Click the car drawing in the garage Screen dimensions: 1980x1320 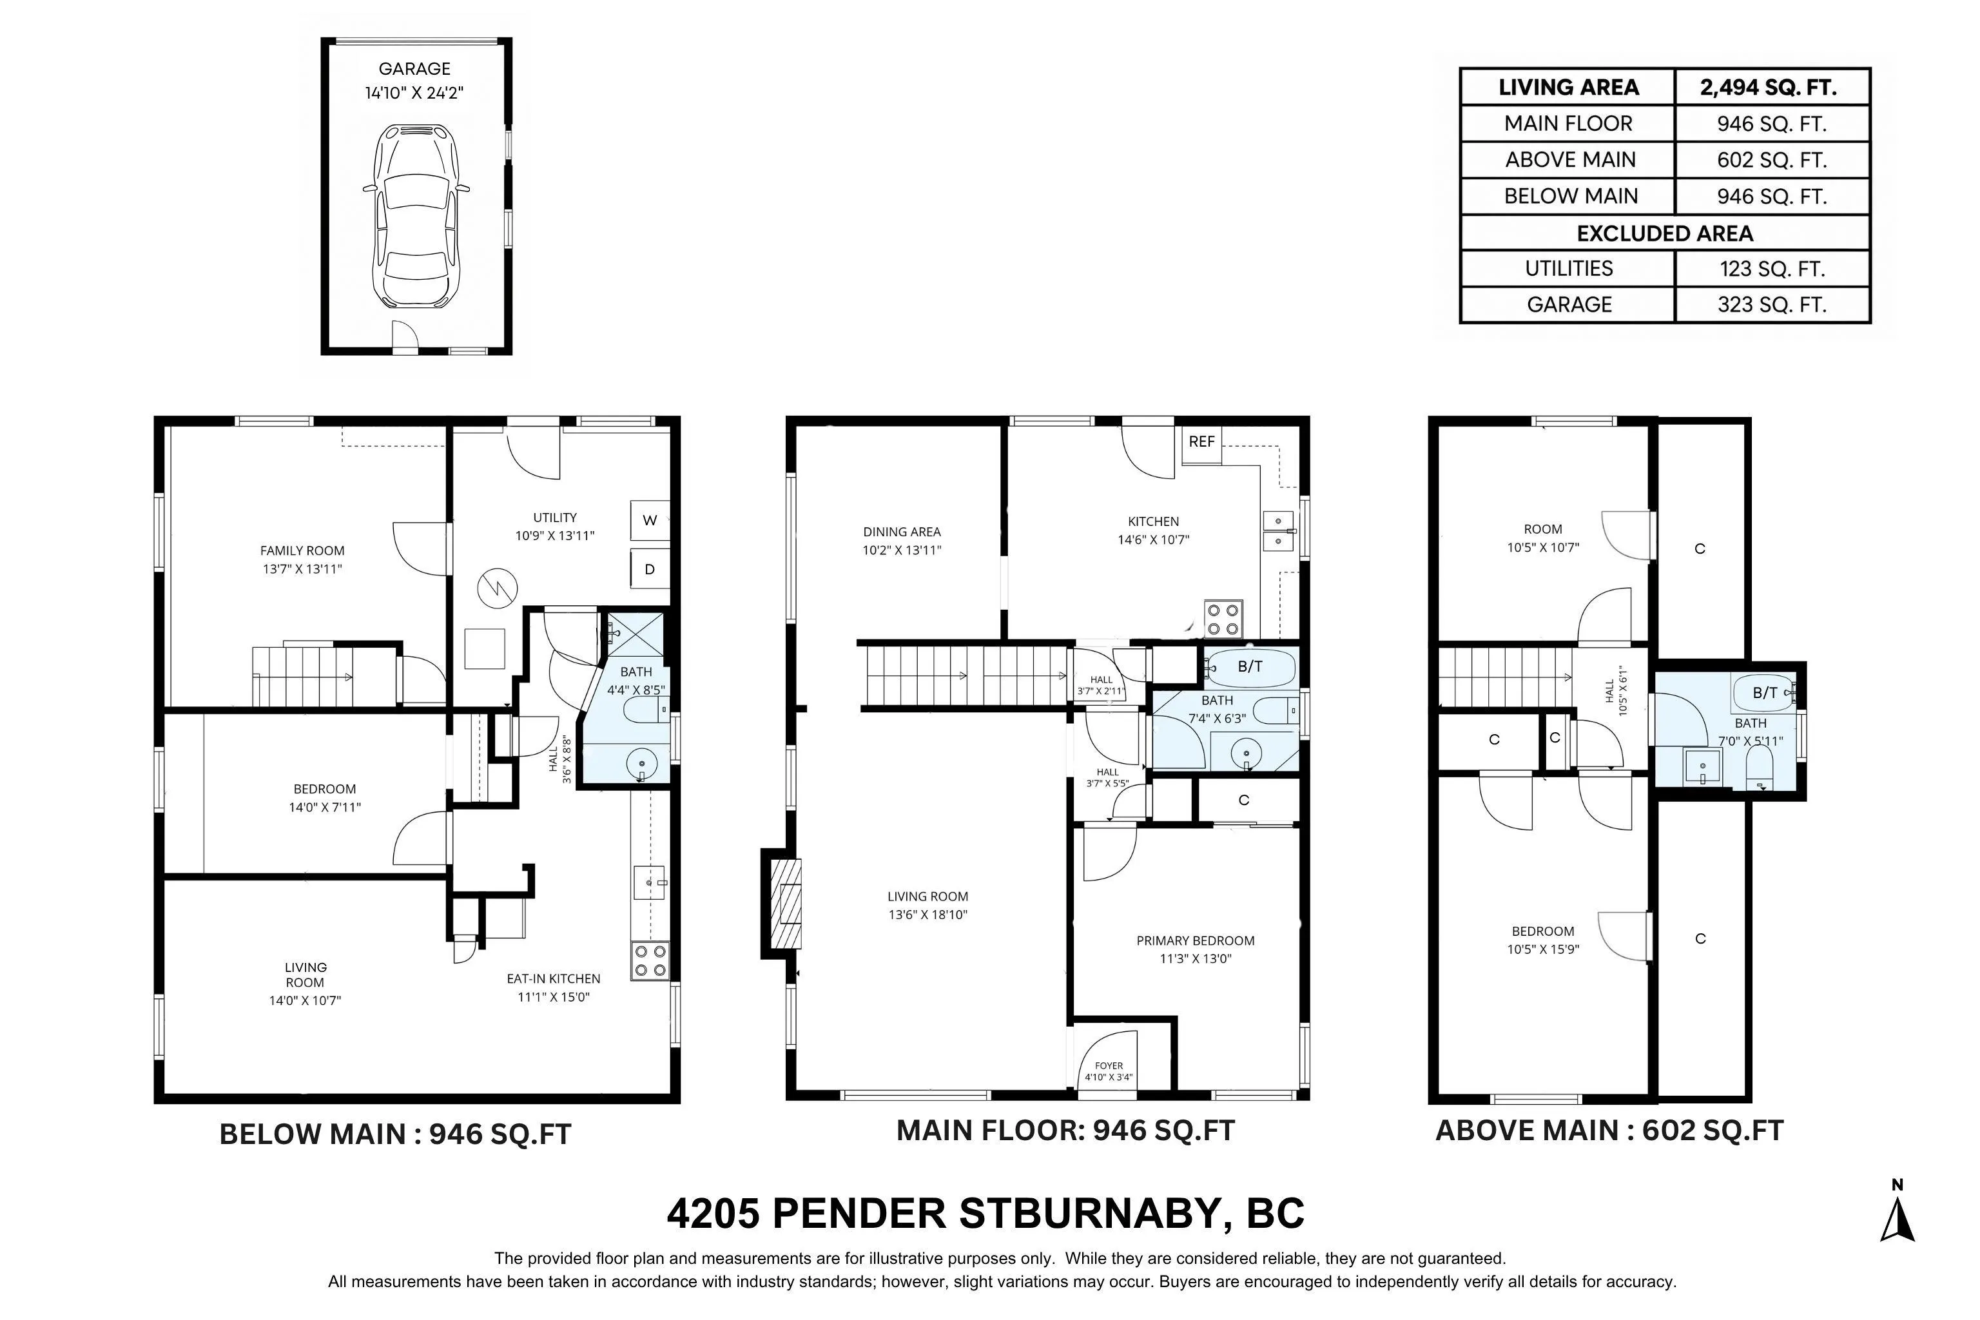(416, 217)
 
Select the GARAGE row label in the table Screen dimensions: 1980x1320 (1569, 305)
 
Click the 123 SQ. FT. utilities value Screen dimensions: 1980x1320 (1772, 269)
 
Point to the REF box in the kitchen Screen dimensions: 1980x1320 (1201, 442)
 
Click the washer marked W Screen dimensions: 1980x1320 (650, 520)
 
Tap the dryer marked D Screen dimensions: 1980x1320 (650, 569)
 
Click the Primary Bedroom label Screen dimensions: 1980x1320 (1196, 949)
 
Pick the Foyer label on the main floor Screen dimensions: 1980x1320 (1109, 1071)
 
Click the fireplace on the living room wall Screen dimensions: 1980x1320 (781, 903)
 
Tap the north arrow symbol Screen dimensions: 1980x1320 (1897, 1212)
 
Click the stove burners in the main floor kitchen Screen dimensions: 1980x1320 (1223, 619)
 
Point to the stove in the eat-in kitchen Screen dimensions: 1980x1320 (650, 960)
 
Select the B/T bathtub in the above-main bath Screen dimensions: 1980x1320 (1765, 693)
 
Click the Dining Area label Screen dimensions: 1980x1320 (902, 541)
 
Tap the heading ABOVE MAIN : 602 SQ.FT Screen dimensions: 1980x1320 (1609, 1131)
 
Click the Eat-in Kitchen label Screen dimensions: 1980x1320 (553, 987)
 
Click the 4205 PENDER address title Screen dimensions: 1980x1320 (985, 1213)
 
